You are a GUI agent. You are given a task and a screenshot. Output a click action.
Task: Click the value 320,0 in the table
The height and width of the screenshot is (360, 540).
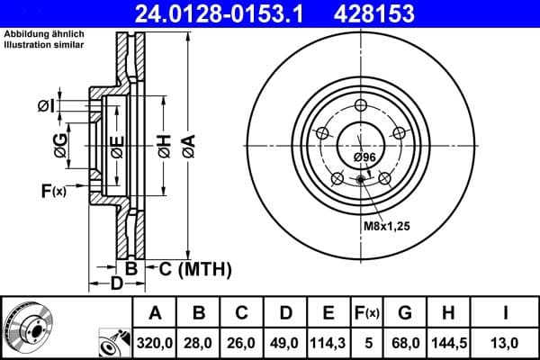[x=155, y=341]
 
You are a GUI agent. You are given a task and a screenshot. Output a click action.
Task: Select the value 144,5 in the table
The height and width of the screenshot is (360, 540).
[x=448, y=341]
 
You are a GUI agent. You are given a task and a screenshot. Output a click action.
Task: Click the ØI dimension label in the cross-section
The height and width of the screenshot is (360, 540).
[x=46, y=107]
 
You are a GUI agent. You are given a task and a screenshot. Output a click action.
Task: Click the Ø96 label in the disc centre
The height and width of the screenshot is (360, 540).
[x=364, y=158]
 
